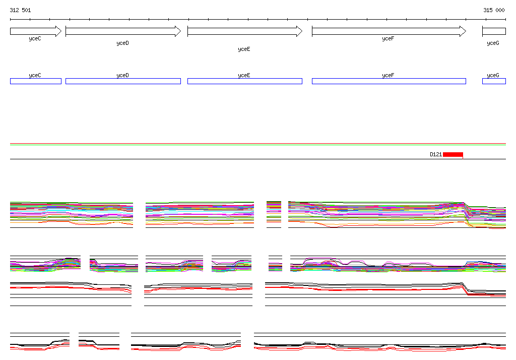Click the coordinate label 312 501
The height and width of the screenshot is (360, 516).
coord(20,10)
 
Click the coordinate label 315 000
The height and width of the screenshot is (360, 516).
coord(494,10)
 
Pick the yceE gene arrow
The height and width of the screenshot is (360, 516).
coord(244,31)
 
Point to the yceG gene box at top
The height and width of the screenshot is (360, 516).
coord(494,31)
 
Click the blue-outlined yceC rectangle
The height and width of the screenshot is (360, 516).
coord(35,81)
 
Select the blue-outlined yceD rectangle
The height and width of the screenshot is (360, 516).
coord(123,81)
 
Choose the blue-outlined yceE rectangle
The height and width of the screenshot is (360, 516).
coord(244,81)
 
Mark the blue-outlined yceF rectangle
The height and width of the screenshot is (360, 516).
coord(389,81)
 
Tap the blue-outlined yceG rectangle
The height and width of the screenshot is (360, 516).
coord(494,81)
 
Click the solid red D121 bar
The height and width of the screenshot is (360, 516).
coord(453,154)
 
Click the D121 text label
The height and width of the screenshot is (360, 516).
coord(436,154)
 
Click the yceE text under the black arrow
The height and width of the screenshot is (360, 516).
coord(244,49)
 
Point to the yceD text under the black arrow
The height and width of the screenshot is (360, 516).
coord(122,43)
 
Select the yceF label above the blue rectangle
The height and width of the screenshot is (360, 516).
coord(388,75)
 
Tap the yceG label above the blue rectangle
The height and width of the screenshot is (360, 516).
coord(493,75)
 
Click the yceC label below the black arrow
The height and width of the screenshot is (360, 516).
coord(35,38)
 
